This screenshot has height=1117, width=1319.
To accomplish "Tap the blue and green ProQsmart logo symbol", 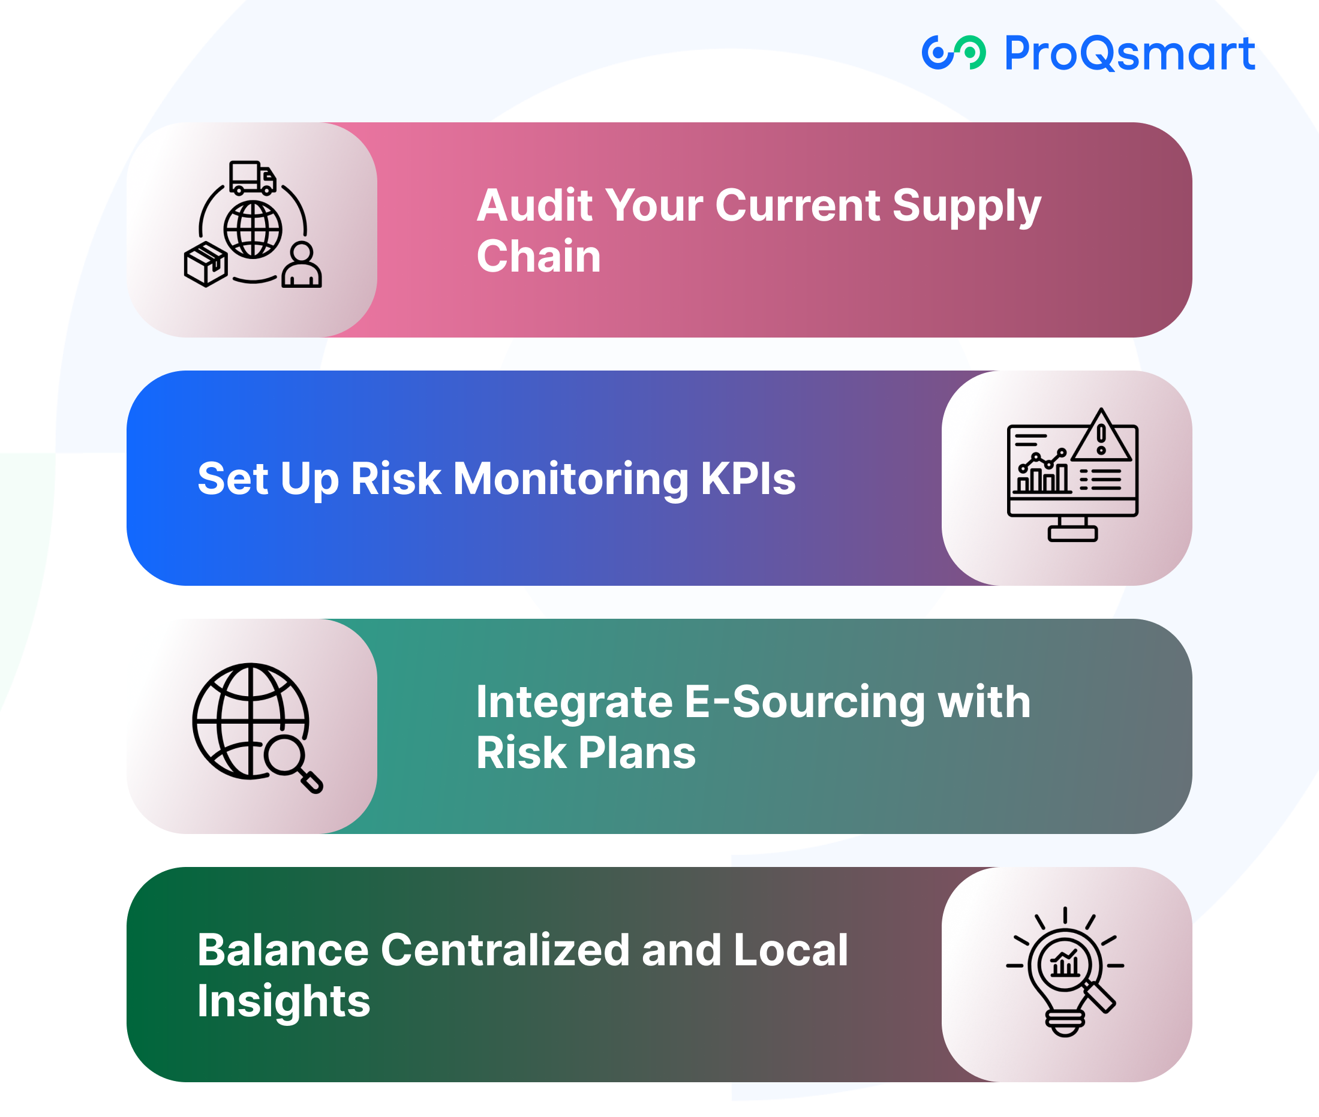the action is point(954,53).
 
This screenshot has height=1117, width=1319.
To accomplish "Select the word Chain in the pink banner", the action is point(539,257).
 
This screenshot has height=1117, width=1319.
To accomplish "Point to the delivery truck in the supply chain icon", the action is point(253,177).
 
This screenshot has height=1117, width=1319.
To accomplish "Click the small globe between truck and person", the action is point(253,229).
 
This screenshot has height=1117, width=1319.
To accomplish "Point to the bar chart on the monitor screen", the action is point(1042,473).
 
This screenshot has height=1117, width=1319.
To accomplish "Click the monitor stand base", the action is point(1072,533).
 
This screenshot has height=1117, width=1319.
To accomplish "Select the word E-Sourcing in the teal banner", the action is point(805,703).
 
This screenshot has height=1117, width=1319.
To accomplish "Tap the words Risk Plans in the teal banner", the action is point(586,753).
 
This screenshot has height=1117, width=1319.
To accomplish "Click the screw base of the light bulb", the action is point(1065,1023).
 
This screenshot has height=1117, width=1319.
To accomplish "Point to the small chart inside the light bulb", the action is point(1065,964).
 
